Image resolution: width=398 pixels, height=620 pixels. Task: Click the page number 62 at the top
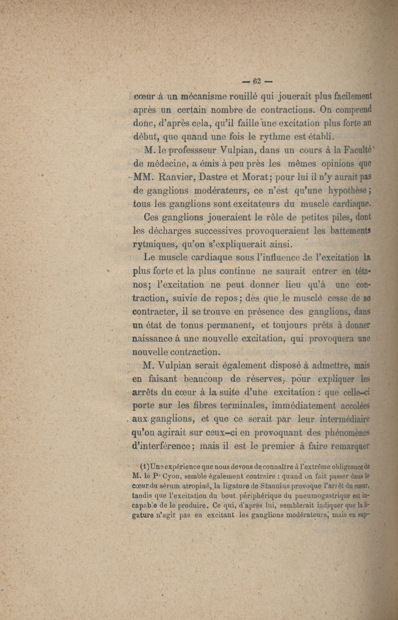(x=257, y=81)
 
